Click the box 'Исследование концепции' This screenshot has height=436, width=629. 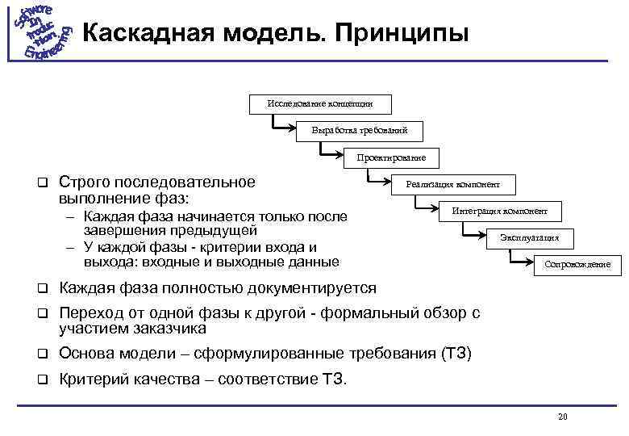coord(320,103)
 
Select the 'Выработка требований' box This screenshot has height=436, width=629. coord(359,130)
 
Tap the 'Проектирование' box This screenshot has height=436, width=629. coord(392,157)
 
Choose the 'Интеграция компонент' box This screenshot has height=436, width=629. coord(499,212)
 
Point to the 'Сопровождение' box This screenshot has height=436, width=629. coord(577,264)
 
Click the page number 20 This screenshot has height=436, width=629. coord(563,417)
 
